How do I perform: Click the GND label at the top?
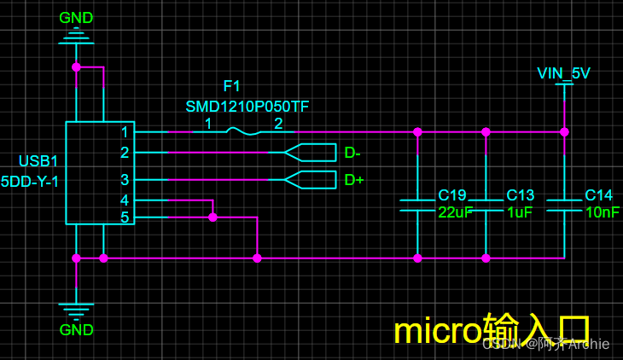coord(76,18)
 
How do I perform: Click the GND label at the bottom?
coord(76,330)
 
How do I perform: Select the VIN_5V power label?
coord(563,73)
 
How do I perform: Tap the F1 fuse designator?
coord(231,86)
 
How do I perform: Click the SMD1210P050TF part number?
coord(247,107)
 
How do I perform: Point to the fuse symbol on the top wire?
coord(243,131)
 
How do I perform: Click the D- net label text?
coord(352,154)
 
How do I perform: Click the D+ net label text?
coord(353,180)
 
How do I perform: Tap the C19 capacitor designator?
coord(452,195)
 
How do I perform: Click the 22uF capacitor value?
coord(455,212)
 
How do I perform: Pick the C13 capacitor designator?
coord(520,195)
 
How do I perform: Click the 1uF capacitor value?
coord(520,212)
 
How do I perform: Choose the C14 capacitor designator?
coord(598,195)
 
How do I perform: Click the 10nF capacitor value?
coord(602,212)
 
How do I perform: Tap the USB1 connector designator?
coord(38,161)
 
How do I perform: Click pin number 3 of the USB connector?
coord(125,180)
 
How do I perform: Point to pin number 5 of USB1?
coord(125,218)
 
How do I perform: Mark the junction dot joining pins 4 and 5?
coord(213,218)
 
